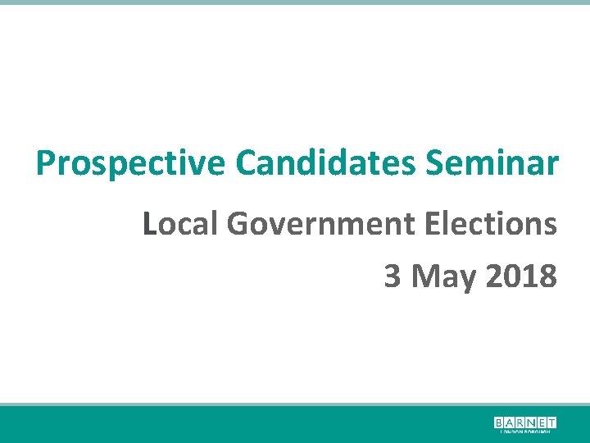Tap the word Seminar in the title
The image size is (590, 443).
[x=492, y=163]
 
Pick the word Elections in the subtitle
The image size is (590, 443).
[x=492, y=223]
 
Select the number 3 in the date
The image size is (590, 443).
[x=393, y=276]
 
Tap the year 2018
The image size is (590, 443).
[x=521, y=276]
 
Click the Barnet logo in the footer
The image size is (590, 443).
[x=524, y=424]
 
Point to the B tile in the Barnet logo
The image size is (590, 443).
[x=499, y=422]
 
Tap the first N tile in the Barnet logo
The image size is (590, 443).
[x=529, y=422]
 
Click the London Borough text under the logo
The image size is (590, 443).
[x=524, y=432]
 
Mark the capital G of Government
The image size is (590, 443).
[x=239, y=223]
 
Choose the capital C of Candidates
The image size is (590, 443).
[x=246, y=163]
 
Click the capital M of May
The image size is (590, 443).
[x=426, y=276]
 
